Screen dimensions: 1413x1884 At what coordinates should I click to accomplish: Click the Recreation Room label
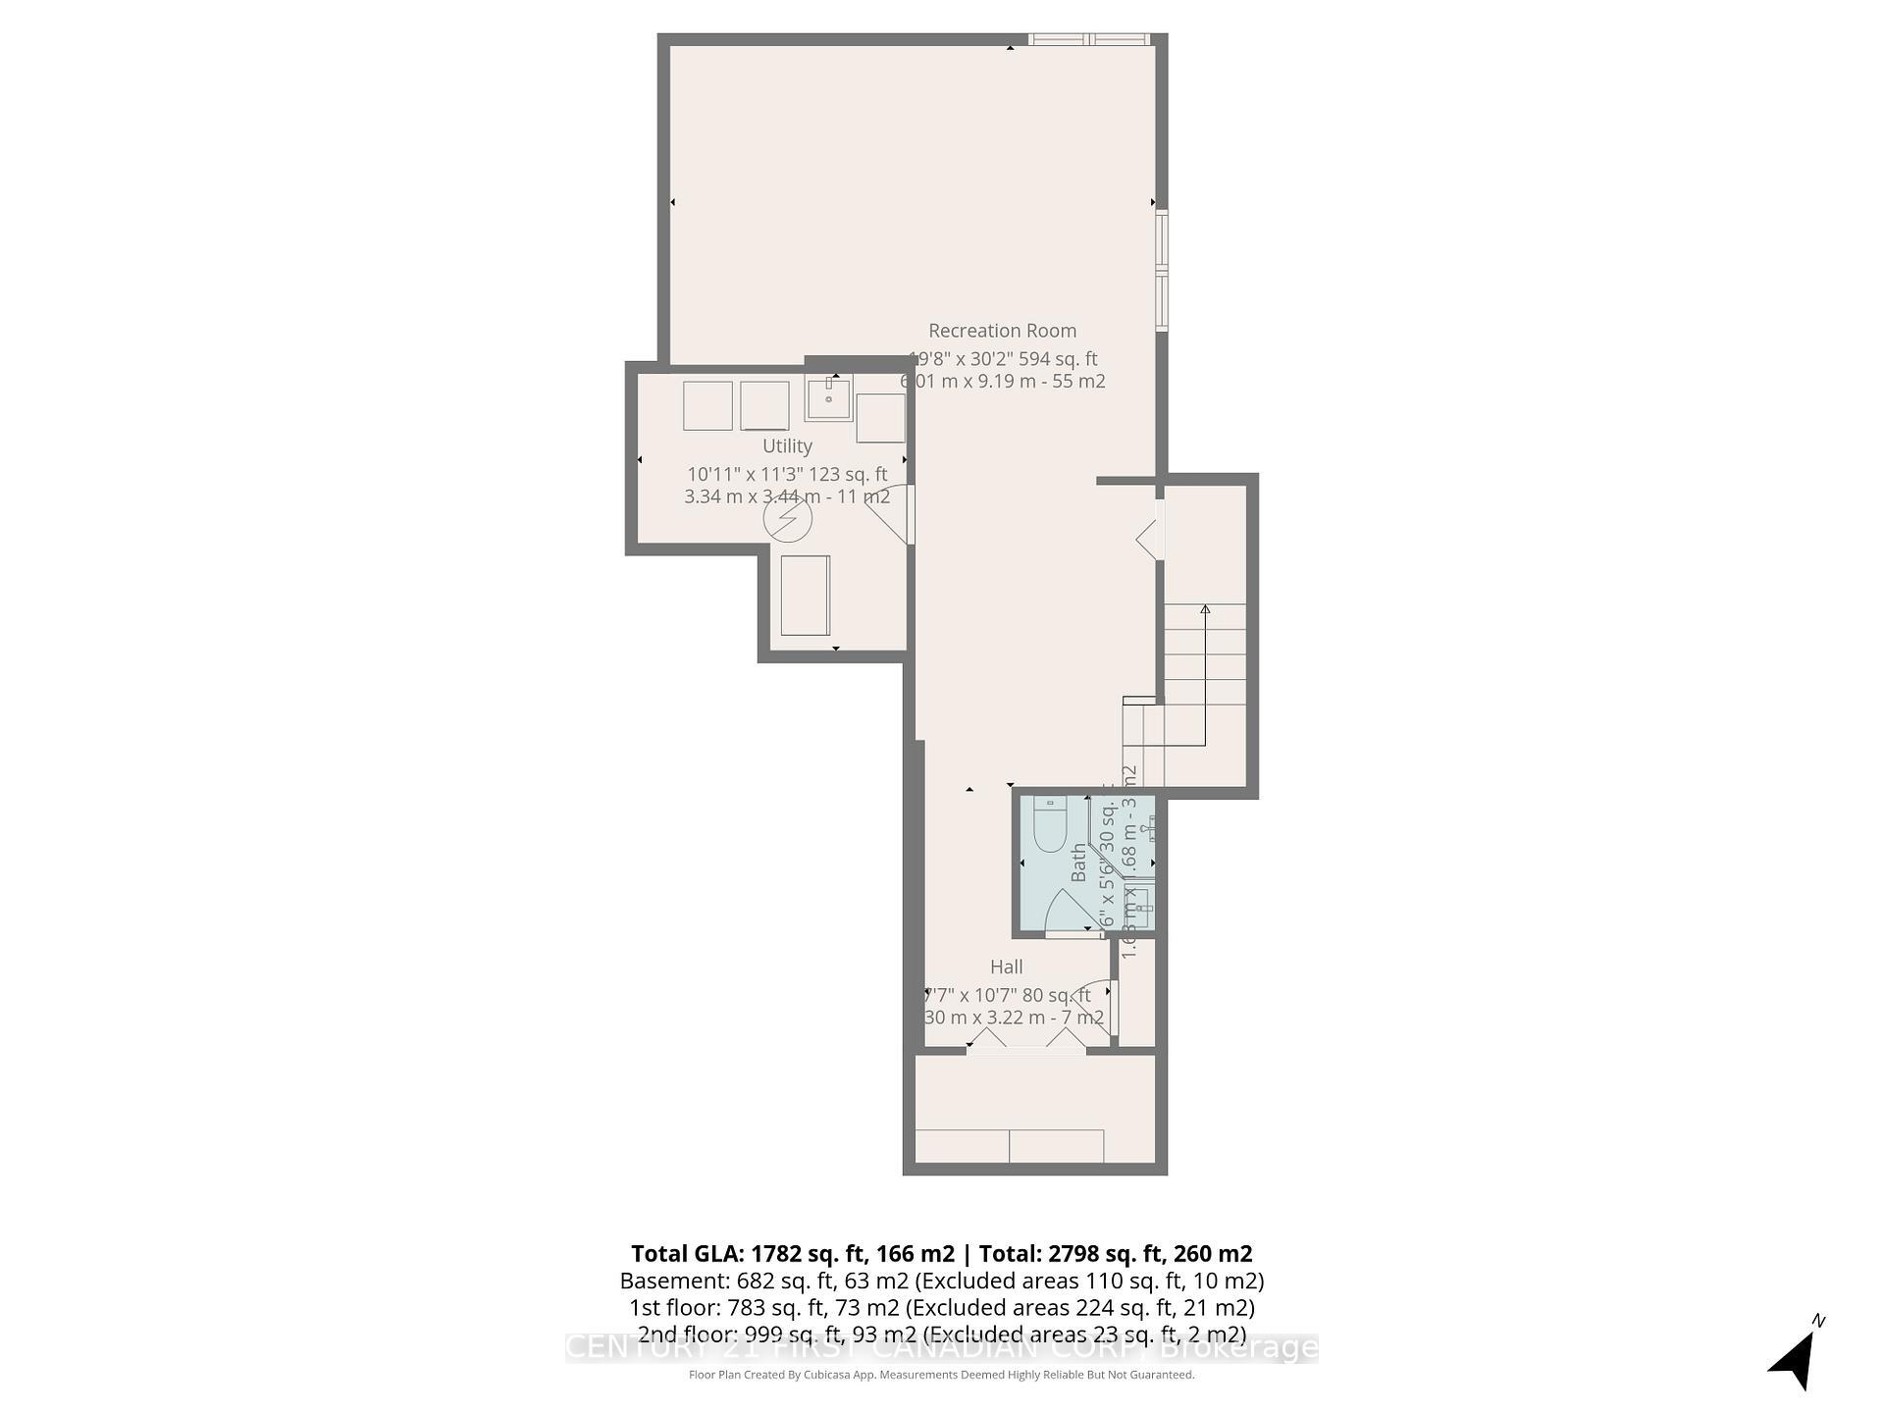1002,331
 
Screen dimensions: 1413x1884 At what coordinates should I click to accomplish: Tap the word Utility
787,445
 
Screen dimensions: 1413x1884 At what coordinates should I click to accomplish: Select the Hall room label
1006,967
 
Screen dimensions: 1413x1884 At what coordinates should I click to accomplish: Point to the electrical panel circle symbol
787,520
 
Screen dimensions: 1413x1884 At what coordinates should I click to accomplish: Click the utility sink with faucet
829,397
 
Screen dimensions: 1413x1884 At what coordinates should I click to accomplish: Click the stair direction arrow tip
1205,609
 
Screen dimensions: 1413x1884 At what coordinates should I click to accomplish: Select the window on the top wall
1089,39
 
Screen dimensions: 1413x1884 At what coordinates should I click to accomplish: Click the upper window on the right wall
1162,240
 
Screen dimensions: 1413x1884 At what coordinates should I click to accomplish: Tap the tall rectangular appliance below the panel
805,595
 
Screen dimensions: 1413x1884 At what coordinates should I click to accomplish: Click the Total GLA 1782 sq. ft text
792,1253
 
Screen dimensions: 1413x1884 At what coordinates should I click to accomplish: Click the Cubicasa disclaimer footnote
941,1375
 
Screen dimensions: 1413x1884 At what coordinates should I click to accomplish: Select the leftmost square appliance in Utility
707,405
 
